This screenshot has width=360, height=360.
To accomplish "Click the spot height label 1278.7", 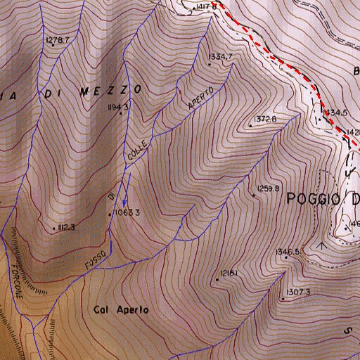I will pos(58,40).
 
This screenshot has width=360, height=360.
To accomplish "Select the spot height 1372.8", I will pos(266,119).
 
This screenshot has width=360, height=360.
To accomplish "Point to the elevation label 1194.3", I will pos(119,107).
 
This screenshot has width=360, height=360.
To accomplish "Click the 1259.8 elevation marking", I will pos(269,188).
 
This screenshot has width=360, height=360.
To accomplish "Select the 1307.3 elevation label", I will pos(299,292).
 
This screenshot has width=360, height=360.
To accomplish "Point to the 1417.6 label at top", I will pos(206,6).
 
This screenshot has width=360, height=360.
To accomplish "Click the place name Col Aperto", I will pos(120,309).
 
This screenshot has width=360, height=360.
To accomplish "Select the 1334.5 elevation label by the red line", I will pos(335,112).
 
